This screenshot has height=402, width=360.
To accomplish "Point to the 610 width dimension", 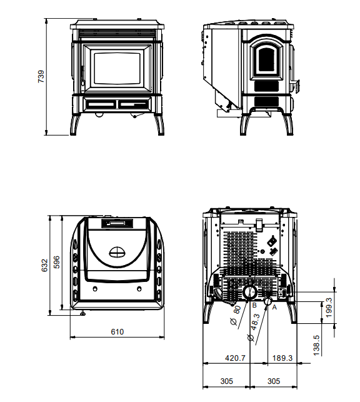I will (117, 332).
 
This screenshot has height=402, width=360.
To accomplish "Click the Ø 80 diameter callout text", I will (236, 314).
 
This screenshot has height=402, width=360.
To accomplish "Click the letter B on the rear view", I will (254, 306).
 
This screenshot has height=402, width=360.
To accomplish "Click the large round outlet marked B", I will (249, 292).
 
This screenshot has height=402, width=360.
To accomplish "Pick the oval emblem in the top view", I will (117, 252).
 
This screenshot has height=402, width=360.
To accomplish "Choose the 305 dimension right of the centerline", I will (272, 381).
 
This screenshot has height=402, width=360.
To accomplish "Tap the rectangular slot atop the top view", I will (117, 222).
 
